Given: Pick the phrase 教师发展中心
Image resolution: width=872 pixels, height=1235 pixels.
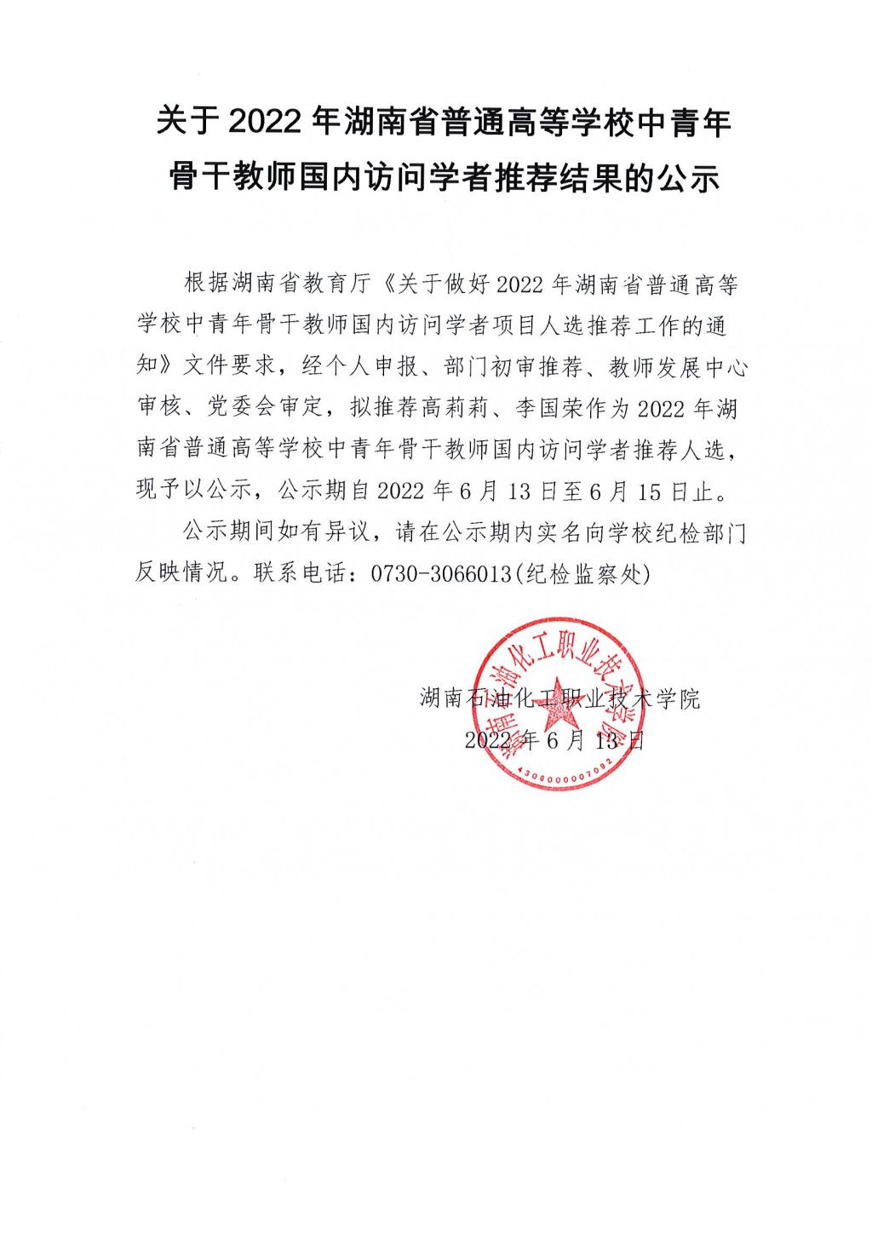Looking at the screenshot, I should coord(678,368).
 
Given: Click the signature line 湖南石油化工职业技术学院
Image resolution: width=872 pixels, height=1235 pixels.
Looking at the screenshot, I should coord(560,699).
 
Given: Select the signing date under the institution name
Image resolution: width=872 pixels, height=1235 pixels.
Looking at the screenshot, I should coord(554,740).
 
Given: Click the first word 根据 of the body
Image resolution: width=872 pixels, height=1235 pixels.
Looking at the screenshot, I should coord(195,284).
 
